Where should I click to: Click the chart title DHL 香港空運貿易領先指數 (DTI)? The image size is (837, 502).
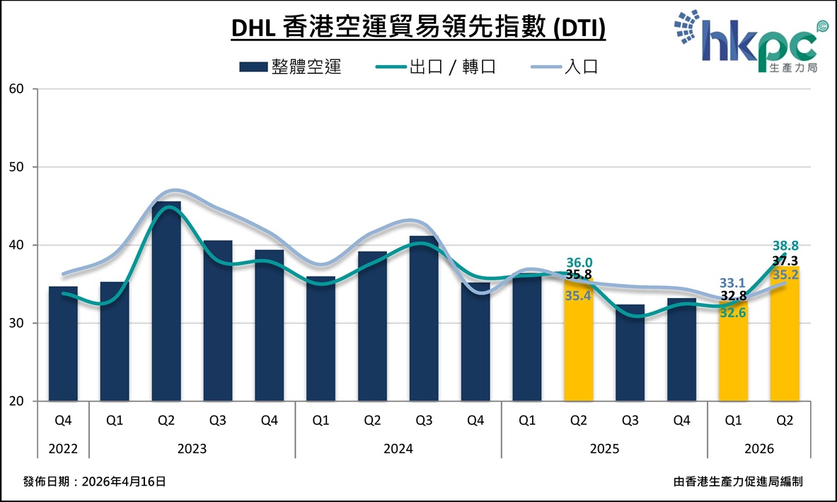418,29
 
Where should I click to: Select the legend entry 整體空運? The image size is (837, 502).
290,67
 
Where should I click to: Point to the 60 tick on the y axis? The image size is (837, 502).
16,89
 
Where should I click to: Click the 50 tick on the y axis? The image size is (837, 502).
16,167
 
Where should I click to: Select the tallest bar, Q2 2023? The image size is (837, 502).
166,301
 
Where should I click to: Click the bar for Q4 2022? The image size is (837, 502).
63,343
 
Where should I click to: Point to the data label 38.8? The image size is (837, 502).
785,245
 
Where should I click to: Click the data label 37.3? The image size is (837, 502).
785,261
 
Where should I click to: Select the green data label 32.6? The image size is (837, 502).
733,312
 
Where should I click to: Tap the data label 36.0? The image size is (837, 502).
579,263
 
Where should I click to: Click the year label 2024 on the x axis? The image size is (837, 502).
398,449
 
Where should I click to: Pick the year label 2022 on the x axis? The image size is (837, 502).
63,449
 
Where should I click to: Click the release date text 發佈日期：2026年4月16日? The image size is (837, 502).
95,481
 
